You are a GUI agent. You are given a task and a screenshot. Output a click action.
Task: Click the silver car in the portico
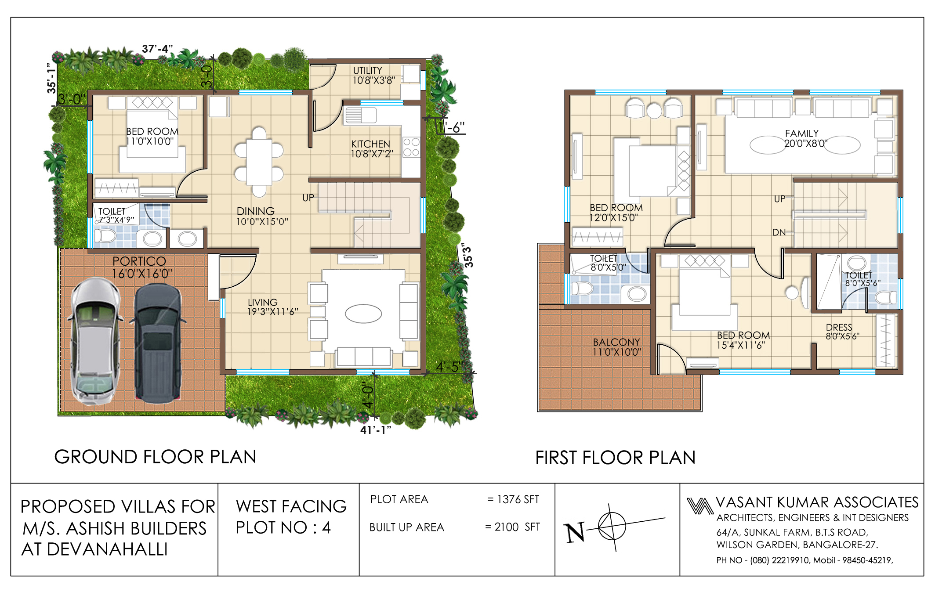(94, 341)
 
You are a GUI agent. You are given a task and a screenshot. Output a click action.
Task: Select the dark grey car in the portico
(157, 343)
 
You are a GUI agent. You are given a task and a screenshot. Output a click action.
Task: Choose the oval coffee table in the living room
(363, 314)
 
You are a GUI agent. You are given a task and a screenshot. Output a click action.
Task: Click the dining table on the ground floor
(259, 162)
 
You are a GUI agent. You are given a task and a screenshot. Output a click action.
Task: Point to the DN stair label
(779, 232)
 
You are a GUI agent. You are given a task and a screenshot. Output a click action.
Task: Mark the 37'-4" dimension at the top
(157, 48)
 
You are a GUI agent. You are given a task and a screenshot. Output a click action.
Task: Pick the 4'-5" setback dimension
(449, 367)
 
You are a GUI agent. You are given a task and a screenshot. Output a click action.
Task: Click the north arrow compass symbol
(612, 527)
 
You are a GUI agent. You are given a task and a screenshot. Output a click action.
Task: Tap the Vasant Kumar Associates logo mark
(700, 505)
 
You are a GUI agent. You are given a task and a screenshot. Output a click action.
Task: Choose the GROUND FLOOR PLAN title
(155, 457)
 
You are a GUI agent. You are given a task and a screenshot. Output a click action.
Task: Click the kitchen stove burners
(411, 147)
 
